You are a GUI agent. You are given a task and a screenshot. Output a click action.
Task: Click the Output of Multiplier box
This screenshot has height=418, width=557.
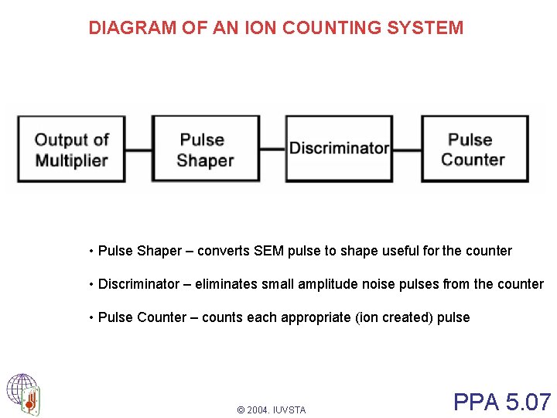(x=71, y=149)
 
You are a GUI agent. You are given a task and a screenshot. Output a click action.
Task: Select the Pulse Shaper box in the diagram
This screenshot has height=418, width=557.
(x=205, y=149)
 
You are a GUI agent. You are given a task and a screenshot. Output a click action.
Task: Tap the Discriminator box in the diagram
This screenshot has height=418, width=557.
(x=339, y=148)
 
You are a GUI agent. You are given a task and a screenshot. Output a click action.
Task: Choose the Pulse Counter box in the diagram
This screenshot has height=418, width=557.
(x=474, y=149)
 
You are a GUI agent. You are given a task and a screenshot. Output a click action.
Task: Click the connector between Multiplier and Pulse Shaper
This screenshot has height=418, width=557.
(x=138, y=149)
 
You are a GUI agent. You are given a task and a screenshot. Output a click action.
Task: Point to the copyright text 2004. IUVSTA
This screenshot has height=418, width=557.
(x=272, y=409)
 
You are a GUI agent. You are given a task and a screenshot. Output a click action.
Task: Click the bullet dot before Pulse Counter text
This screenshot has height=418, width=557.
(x=91, y=317)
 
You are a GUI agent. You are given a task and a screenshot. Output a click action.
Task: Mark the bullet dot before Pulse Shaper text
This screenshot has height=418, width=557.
(x=91, y=251)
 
